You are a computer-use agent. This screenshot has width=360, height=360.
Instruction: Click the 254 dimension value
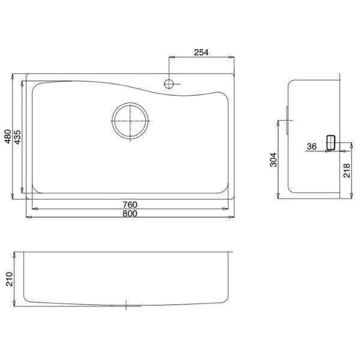point(201,52)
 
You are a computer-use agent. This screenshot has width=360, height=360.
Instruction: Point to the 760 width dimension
point(129,204)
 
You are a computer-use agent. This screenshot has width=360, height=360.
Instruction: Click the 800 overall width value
point(129,214)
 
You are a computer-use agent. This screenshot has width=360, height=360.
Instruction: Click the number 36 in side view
point(311,146)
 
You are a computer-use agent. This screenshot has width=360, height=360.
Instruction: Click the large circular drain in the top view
point(130,122)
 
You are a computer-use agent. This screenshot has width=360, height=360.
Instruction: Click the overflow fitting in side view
point(329,143)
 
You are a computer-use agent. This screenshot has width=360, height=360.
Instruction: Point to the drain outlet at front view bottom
point(127,305)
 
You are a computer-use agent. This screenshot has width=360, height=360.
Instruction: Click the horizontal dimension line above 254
point(201,58)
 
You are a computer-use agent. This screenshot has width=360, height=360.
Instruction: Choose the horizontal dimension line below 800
point(129,218)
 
